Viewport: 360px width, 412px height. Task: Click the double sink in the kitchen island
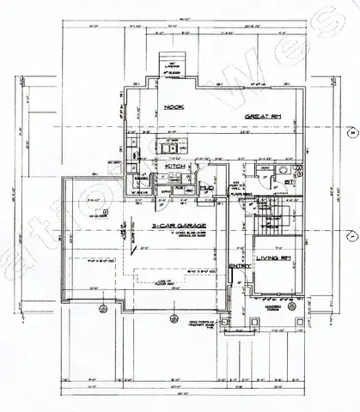169,179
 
